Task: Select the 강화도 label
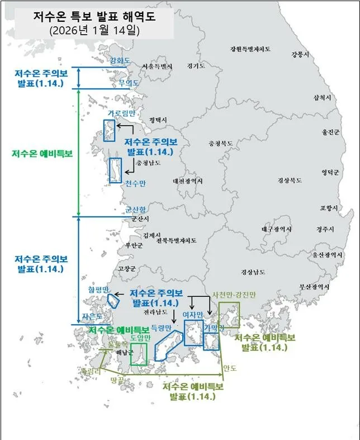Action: pyautogui.click(x=120, y=60)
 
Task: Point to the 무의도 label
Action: pyautogui.click(x=129, y=83)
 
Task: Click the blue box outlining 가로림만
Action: pyautogui.click(x=109, y=130)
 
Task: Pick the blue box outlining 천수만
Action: pyautogui.click(x=116, y=170)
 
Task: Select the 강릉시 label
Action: pyautogui.click(x=300, y=54)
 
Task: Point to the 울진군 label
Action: pyautogui.click(x=330, y=133)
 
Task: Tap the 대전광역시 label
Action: pyautogui.click(x=188, y=181)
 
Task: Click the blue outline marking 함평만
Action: pyautogui.click(x=114, y=300)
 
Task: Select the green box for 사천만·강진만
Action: pyautogui.click(x=229, y=315)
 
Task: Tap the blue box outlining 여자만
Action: pyautogui.click(x=193, y=333)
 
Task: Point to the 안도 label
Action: pyautogui.click(x=230, y=368)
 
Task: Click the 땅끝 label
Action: pyautogui.click(x=117, y=380)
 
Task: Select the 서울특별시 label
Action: pyautogui.click(x=157, y=67)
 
